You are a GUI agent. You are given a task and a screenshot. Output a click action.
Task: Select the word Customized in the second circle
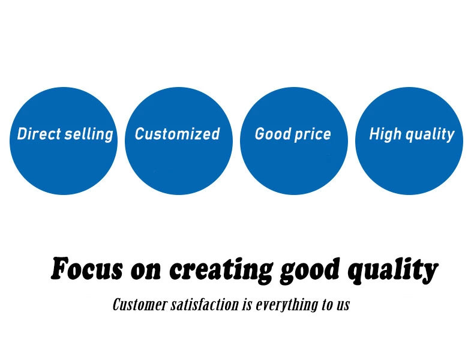point(177,134)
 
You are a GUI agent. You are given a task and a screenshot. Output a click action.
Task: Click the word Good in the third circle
point(272,134)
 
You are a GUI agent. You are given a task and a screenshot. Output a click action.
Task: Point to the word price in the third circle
point(313,134)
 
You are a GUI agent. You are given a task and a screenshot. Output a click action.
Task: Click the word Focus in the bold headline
point(87,268)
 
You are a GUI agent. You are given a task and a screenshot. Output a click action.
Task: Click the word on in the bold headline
point(146,271)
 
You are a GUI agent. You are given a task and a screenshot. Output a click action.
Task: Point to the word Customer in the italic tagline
point(140,304)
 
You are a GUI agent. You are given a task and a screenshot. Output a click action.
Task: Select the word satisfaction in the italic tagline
point(205,304)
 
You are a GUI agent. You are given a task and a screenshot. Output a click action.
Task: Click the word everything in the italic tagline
point(287,305)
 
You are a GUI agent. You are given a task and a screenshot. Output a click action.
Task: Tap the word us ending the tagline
point(343,306)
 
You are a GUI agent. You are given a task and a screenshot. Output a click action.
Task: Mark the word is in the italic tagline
point(247,305)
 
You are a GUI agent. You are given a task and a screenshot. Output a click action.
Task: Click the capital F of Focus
point(60,268)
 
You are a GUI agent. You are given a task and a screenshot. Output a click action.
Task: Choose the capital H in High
point(374,134)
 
